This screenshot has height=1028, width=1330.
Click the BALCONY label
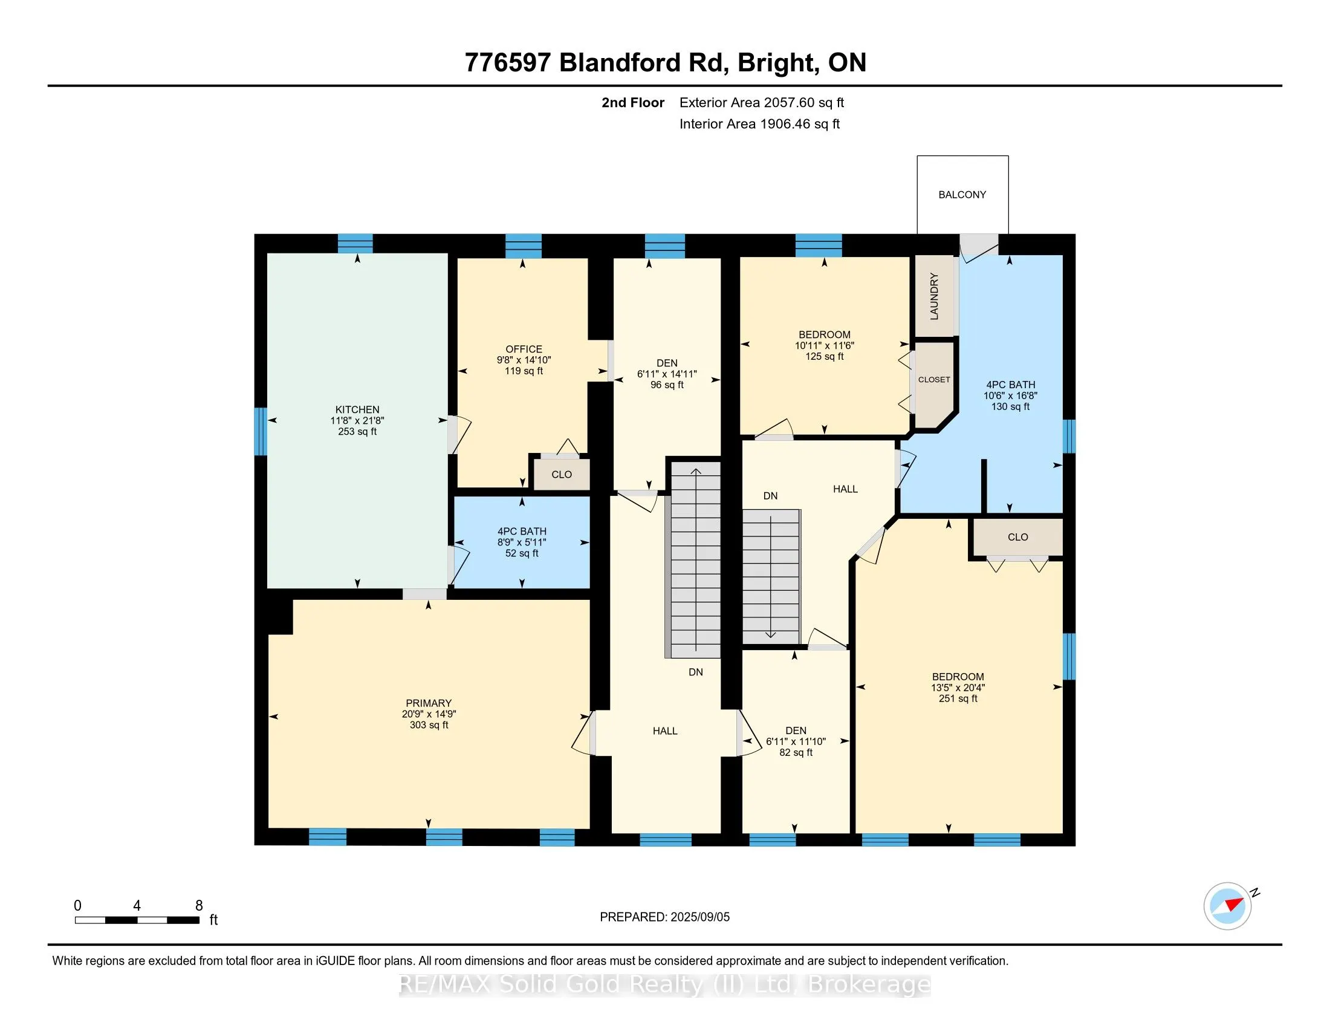(962, 195)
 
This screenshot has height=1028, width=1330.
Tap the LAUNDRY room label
(934, 296)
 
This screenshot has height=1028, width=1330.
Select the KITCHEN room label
(357, 410)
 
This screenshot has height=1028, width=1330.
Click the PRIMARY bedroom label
(429, 703)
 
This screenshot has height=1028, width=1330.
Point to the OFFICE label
(524, 350)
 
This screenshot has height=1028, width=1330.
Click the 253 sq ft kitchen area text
(357, 432)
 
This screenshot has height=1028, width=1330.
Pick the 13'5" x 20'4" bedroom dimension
(958, 688)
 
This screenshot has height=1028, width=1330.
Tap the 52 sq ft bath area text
(522, 553)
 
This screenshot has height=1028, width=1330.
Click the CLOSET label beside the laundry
(934, 379)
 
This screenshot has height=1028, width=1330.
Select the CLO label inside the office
(562, 475)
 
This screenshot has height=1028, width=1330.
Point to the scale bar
(138, 920)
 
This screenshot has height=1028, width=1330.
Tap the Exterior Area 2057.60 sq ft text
(762, 103)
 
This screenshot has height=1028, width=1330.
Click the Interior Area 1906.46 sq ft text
(759, 124)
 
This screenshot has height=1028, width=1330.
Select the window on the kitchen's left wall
(260, 431)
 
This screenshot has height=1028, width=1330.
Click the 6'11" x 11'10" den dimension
(796, 742)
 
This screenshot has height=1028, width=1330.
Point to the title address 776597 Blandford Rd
(597, 63)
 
